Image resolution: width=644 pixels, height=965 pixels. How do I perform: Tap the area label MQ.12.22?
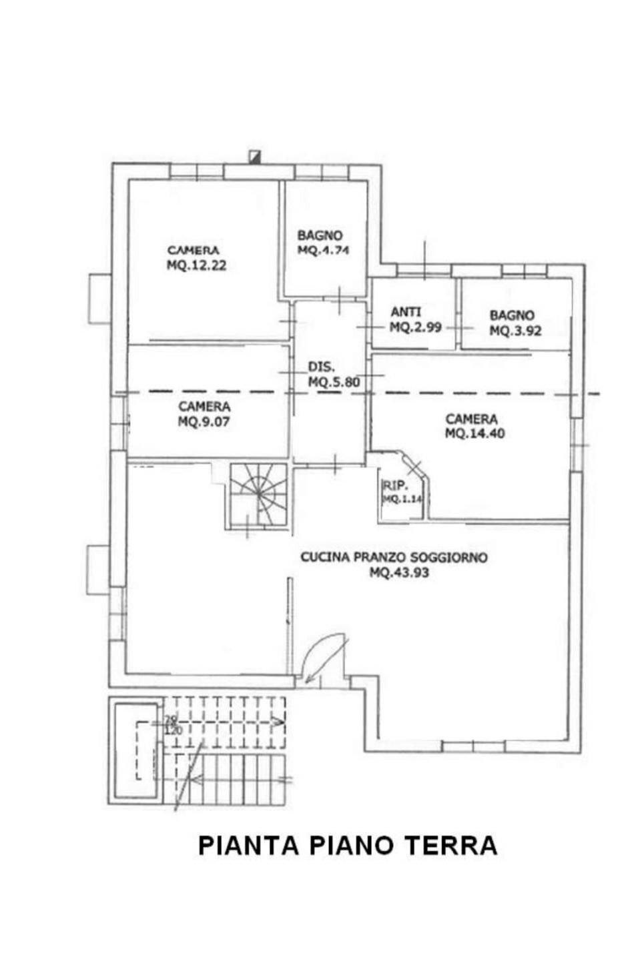point(196,265)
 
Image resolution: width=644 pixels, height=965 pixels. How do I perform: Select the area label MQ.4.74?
point(323,251)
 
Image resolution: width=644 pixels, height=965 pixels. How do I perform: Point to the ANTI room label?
point(406,312)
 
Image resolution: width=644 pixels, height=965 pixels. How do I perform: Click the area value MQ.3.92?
point(515,331)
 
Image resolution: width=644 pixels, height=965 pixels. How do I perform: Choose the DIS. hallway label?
point(321,367)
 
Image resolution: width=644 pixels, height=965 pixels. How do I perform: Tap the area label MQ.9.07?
point(204,421)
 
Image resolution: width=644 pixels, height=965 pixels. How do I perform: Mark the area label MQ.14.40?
point(474,433)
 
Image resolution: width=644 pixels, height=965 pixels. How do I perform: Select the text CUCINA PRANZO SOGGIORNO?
point(394,558)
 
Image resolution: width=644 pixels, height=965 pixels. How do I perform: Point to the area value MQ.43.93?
point(399,572)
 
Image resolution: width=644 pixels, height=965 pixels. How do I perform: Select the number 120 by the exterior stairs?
point(174,730)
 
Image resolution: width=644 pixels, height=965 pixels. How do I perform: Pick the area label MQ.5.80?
point(334,382)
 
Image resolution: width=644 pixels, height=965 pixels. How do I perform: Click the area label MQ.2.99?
point(415,327)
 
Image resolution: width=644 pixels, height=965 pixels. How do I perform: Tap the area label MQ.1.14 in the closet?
point(402,499)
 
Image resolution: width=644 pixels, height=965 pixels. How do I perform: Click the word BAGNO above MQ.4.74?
point(320,235)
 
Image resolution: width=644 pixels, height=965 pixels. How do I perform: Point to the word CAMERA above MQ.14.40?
point(471,419)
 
